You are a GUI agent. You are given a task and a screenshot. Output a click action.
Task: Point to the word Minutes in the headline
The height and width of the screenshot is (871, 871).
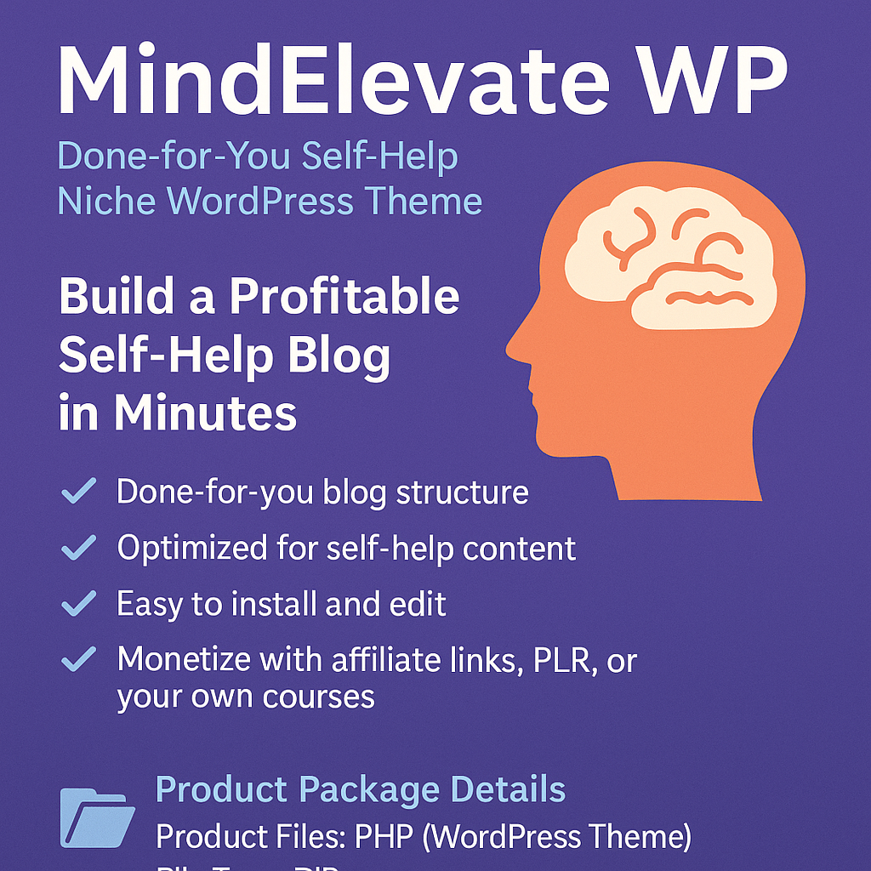tap(205, 413)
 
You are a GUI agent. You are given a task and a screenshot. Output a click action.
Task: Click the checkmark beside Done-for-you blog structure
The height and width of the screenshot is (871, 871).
tap(79, 492)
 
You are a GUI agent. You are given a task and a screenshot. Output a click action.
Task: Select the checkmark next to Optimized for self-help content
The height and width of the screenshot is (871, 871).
tap(79, 549)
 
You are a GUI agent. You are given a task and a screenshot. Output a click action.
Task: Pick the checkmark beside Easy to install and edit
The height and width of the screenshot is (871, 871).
tap(79, 604)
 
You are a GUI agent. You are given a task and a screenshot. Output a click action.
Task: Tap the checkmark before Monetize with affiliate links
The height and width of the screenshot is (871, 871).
tap(79, 660)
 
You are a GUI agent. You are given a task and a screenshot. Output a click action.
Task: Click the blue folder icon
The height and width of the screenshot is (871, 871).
tap(97, 819)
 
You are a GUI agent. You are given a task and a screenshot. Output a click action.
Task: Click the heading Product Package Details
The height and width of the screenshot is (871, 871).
tap(361, 789)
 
